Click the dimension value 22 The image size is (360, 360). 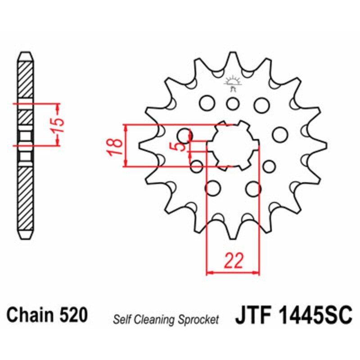tap(233, 261)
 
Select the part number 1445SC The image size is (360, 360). tap(310, 315)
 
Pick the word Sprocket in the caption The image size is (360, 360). tap(198, 319)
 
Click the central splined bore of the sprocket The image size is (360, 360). tap(233, 145)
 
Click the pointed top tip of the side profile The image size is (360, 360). tap(25, 54)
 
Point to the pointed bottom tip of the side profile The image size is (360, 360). tap(25, 238)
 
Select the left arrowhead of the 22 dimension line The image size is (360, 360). tap(209, 272)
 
